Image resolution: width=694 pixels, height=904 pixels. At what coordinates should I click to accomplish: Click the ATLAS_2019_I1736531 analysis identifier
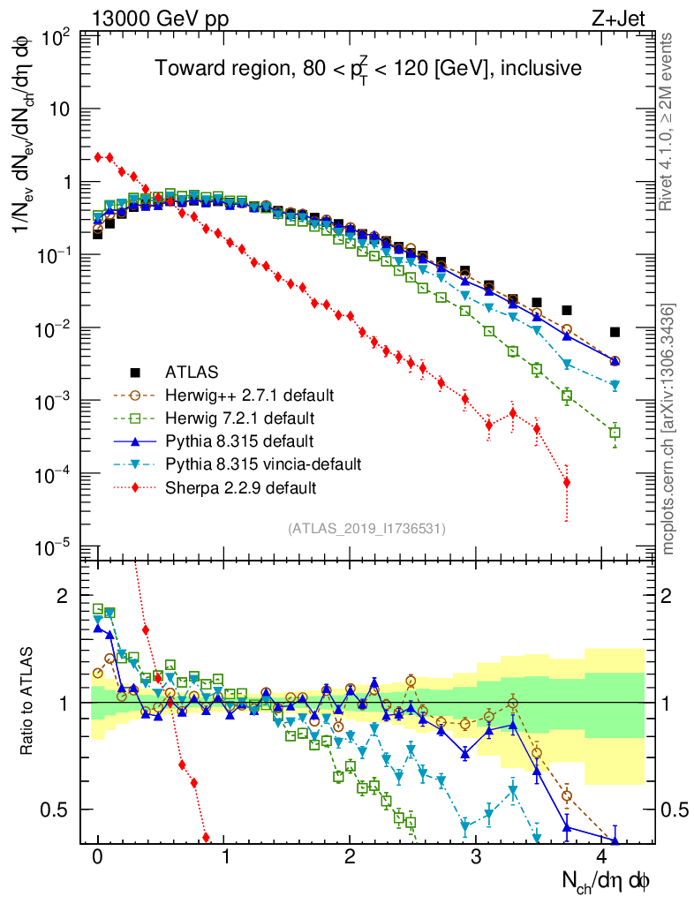point(366,529)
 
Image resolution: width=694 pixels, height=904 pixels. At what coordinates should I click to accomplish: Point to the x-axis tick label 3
point(476,857)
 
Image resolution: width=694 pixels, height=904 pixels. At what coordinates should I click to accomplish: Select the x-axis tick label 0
point(97,857)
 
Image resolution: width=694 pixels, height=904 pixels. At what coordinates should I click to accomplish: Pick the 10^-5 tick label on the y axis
point(55,547)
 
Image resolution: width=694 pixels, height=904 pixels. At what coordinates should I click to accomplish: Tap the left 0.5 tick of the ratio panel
point(59,810)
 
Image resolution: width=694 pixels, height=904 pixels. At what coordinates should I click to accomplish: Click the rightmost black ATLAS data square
point(615,332)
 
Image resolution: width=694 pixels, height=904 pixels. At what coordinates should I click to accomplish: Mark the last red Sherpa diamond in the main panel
point(566,482)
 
